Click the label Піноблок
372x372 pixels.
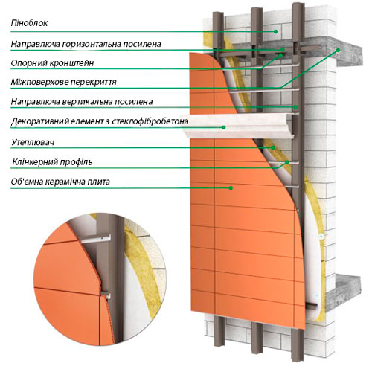click(x=29, y=23)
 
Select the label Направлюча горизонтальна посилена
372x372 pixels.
click(x=86, y=44)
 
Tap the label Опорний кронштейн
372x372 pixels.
click(x=52, y=63)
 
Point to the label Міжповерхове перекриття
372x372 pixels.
click(x=63, y=82)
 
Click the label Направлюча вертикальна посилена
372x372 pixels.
click(x=82, y=102)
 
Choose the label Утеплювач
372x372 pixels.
click(x=33, y=142)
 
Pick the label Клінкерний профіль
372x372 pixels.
click(x=52, y=162)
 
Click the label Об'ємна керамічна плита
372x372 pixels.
click(x=60, y=182)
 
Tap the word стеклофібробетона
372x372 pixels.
click(x=150, y=121)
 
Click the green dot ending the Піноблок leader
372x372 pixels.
click(x=275, y=31)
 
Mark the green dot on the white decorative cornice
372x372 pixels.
click(x=224, y=127)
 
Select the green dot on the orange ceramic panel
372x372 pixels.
click(x=231, y=188)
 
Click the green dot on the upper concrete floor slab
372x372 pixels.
click(x=338, y=50)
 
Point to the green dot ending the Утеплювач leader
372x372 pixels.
click(x=273, y=147)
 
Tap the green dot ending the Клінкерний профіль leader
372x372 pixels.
click(x=287, y=162)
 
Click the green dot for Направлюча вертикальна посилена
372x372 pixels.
click(x=295, y=107)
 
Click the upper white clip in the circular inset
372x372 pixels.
click(x=96, y=238)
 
